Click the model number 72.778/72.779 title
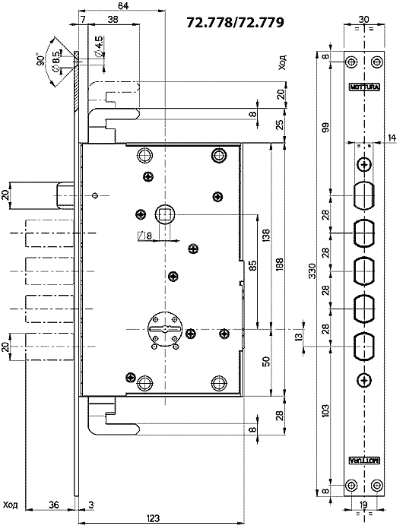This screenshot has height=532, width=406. coord(235,22)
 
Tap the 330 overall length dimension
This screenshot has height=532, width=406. coord(312,271)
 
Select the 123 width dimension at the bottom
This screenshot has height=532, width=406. coord(154,518)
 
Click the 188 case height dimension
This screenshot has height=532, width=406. coord(279,261)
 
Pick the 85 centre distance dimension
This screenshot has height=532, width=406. coord(252,265)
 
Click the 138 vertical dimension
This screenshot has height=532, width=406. coord(266,236)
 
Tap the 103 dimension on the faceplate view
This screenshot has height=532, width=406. coord(325,410)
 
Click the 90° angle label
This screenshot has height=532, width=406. coord(40,59)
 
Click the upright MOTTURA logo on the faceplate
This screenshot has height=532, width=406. coord(365,87)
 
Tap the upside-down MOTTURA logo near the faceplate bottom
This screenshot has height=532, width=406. coord(365,461)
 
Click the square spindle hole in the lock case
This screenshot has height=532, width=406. coord(165,215)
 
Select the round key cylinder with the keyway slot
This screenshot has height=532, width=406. coord(165,328)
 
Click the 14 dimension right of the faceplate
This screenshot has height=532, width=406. coord(392,138)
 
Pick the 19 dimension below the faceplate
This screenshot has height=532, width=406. coord(363,505)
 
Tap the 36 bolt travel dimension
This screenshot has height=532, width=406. coord(54,505)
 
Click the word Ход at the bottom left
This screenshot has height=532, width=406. coord(10,505)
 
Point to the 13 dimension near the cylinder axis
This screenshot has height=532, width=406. coord(299,337)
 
